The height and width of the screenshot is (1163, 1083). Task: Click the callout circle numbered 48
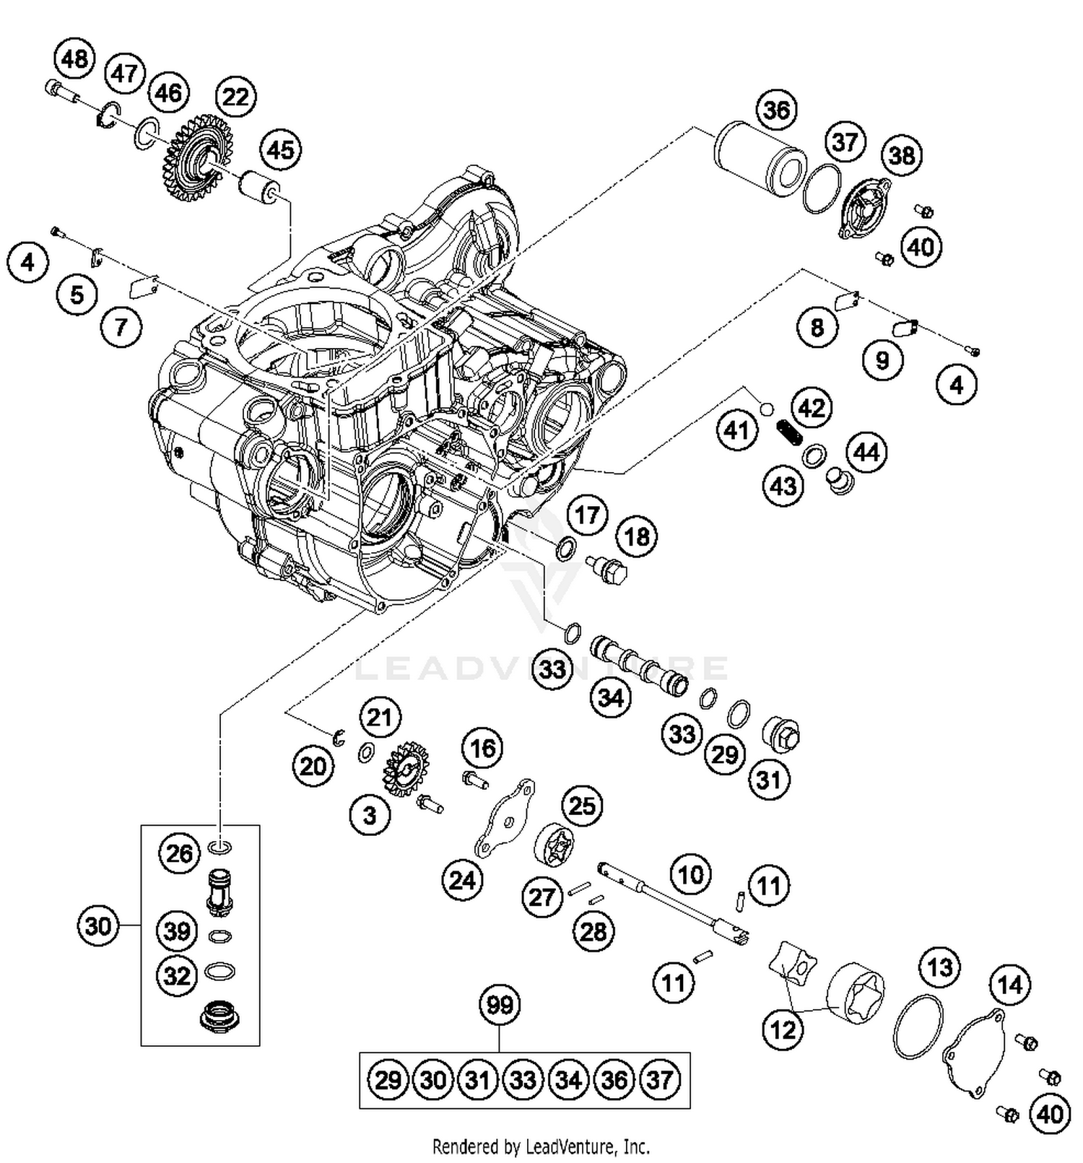[75, 58]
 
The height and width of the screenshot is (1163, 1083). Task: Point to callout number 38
[901, 155]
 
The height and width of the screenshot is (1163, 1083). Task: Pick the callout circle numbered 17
[587, 515]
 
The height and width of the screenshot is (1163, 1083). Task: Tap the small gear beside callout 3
[409, 771]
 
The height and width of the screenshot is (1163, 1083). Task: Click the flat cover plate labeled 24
[504, 819]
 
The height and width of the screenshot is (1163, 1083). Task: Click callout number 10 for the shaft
[691, 875]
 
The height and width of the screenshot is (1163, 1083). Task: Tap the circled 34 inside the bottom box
[568, 1081]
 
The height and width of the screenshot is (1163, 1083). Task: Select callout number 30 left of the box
[98, 925]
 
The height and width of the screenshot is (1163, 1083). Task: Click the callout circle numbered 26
[179, 854]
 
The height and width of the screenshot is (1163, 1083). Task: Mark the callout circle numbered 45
[280, 149]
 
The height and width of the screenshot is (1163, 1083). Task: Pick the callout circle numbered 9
[882, 360]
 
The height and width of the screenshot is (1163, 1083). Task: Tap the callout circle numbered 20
[313, 767]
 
